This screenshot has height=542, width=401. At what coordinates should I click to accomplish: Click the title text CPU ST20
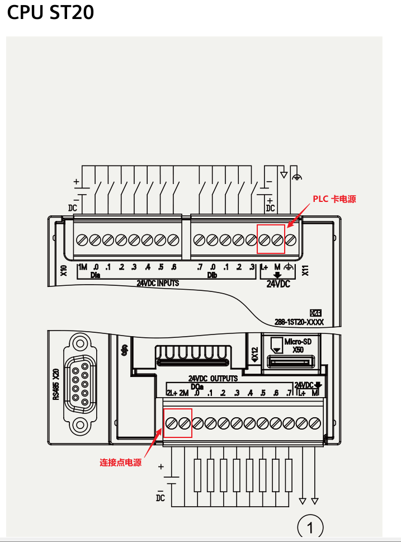[50, 12]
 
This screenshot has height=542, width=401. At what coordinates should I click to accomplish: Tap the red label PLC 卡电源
[334, 199]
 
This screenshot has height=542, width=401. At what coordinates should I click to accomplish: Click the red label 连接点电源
[120, 463]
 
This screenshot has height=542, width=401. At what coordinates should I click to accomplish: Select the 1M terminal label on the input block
[83, 267]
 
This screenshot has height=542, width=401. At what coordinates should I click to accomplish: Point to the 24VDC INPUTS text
[158, 283]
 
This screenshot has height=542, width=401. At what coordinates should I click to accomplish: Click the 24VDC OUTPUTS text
[213, 379]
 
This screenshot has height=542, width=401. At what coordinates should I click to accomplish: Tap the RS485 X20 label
[56, 384]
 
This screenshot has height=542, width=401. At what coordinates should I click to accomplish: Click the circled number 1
[310, 527]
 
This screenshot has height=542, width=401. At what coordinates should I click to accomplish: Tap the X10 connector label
[64, 271]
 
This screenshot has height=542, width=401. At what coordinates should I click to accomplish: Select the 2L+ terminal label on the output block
[172, 393]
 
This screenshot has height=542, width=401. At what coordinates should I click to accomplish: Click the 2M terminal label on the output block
[184, 393]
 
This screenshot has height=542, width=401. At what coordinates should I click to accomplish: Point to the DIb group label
[212, 275]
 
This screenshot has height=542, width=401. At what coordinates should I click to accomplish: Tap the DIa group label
[96, 275]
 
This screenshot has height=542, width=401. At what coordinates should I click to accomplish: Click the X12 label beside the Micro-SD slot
[255, 354]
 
